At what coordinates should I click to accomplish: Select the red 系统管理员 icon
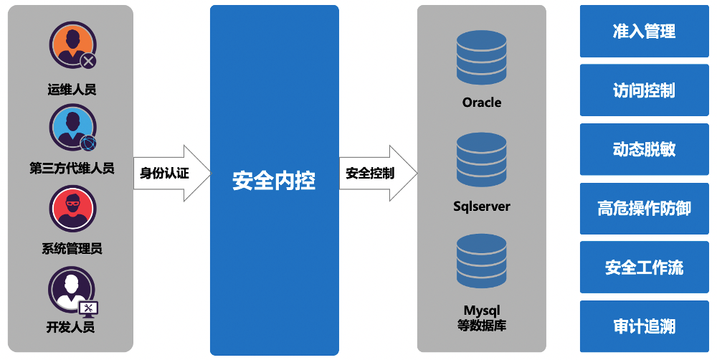pos(72,209)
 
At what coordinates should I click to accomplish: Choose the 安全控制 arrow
pos(376,173)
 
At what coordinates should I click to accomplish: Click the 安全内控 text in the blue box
pos(274,180)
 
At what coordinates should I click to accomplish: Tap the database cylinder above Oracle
pos(481,56)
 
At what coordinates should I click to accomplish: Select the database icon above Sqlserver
pos(481,160)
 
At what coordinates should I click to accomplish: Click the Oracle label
pos(482,103)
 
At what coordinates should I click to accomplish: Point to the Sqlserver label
pos(482,207)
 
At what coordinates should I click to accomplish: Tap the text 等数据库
pos(482,325)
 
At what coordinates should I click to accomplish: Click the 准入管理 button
pos(644,32)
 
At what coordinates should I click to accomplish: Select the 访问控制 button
pos(644,90)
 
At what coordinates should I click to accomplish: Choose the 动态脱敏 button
pos(644,149)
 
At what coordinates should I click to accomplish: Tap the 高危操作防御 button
pos(644,209)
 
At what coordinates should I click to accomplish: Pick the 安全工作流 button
pos(644,267)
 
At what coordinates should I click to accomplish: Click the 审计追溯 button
pos(644,326)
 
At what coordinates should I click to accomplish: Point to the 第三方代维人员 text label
pos(72,169)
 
